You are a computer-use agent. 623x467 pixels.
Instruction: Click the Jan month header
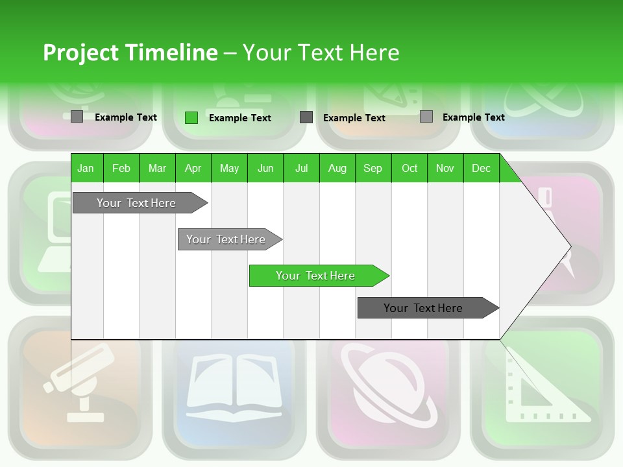coord(86,168)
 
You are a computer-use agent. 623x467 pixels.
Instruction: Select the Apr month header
coord(193,168)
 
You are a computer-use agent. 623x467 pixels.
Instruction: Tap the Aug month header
coord(337,168)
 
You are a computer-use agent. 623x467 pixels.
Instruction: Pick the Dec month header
coord(482,168)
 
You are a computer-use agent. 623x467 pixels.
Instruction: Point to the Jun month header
coord(265,168)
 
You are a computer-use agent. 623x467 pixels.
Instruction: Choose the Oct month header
coord(409,168)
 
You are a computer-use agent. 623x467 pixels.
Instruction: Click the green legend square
coord(191,117)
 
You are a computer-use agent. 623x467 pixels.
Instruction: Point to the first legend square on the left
coord(77,117)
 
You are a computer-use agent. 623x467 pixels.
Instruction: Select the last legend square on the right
coord(426,117)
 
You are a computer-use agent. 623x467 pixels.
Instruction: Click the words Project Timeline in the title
coord(130,53)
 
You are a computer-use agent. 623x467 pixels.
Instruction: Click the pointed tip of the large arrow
coord(569,246)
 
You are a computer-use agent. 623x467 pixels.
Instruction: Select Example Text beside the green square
coord(240,118)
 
